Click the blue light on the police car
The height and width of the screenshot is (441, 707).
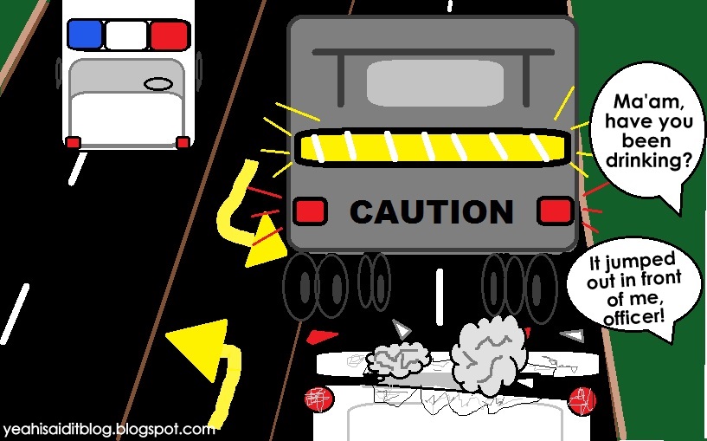click(85, 34)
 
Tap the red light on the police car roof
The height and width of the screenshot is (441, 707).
click(169, 35)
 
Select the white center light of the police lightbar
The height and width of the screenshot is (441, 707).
click(126, 35)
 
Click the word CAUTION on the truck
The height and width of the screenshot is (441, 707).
click(432, 211)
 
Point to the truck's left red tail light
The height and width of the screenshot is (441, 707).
click(310, 211)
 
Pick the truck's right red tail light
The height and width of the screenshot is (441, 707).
click(555, 211)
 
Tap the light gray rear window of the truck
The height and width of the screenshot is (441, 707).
click(435, 83)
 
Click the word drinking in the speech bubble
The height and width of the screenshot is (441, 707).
click(648, 159)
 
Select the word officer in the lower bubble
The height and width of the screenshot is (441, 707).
click(634, 317)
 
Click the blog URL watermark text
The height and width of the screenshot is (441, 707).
click(108, 429)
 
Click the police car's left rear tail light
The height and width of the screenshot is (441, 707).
click(74, 143)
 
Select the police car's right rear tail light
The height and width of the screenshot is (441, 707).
click(183, 143)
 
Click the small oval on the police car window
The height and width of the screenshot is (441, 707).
click(157, 84)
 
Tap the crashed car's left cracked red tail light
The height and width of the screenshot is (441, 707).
click(318, 399)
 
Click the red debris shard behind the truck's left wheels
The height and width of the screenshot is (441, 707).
click(322, 337)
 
